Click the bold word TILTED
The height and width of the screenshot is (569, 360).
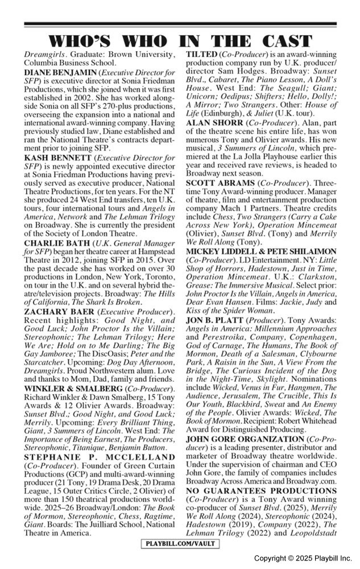[202, 53]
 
